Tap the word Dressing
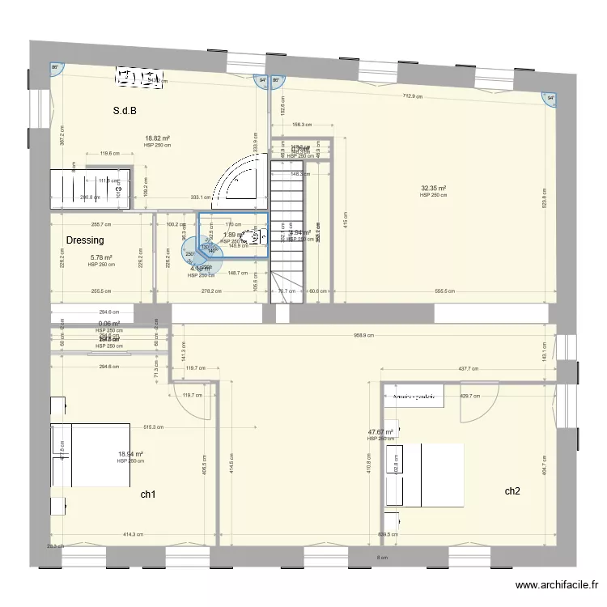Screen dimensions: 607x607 pos(85,240)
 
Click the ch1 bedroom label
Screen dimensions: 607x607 pos(148,494)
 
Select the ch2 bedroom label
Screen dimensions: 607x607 pos(512,491)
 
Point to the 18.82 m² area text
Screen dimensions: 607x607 pos(157,138)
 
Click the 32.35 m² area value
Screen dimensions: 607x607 pos(434,189)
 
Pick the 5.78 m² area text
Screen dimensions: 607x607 pos(100,258)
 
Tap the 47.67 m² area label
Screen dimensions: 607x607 pos(380,432)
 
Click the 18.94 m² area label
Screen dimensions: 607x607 pos(129,454)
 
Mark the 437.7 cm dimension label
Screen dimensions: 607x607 pos(469,369)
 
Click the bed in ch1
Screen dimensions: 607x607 pos(91,455)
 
